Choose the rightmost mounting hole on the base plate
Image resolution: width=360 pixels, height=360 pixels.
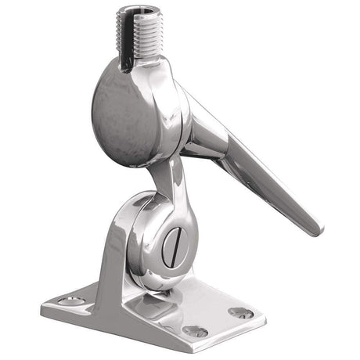[240, 312]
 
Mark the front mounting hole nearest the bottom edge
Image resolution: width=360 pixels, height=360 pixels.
[194, 331]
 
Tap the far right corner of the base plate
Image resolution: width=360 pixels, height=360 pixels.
[265, 317]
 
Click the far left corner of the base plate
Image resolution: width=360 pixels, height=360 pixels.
[43, 304]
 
